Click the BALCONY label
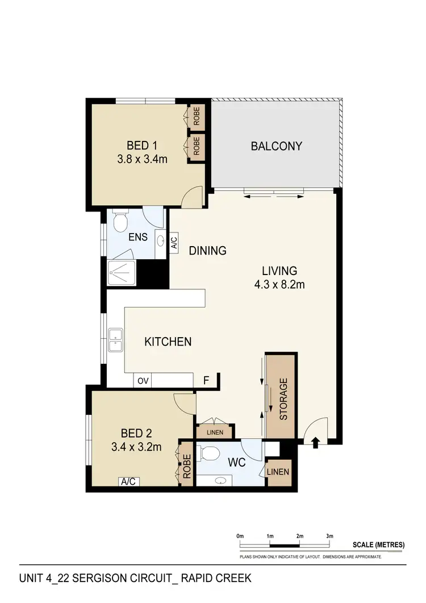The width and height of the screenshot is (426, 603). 277,146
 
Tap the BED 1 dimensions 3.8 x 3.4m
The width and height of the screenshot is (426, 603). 142,160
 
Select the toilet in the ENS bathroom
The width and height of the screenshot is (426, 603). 119,222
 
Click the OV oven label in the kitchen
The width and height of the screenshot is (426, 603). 142,381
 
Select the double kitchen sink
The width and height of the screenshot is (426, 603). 116,342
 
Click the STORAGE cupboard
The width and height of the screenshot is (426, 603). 282,398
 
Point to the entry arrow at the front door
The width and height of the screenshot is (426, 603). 315,442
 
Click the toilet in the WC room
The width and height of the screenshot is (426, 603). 211,454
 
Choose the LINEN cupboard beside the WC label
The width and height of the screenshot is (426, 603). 278,472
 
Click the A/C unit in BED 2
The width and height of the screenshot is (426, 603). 128,481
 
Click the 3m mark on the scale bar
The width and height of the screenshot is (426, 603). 329,536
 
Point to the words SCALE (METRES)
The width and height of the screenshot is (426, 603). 378,544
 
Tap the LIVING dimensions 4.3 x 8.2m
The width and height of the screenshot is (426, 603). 279,284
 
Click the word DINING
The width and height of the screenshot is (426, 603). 207,251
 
